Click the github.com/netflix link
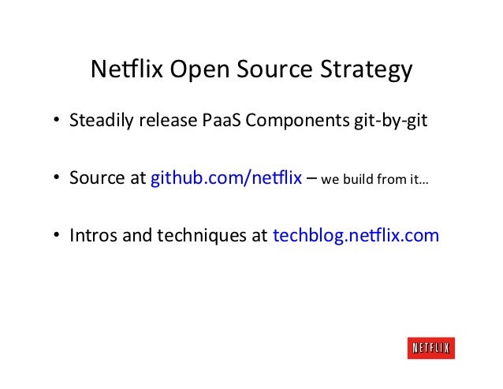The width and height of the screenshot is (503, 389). tap(226, 178)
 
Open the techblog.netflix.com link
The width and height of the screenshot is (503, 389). tap(356, 234)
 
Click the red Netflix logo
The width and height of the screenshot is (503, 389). tap(431, 348)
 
